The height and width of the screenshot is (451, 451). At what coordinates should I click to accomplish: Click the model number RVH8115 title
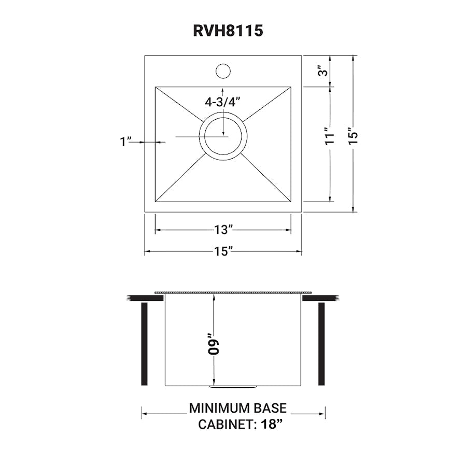coord(228,30)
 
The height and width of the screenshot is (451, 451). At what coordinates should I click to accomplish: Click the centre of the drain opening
coord(223,136)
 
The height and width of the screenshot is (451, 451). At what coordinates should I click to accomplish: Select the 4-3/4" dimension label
coord(222,102)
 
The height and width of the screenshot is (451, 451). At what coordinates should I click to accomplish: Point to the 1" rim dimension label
coord(125,142)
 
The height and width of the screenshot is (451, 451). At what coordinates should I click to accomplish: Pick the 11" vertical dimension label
coord(330,135)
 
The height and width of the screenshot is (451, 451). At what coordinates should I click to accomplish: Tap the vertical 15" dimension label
coord(353,135)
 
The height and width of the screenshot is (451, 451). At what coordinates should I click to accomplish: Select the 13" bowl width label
coord(223,230)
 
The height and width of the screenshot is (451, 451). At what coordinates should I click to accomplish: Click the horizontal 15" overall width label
coord(223,251)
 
